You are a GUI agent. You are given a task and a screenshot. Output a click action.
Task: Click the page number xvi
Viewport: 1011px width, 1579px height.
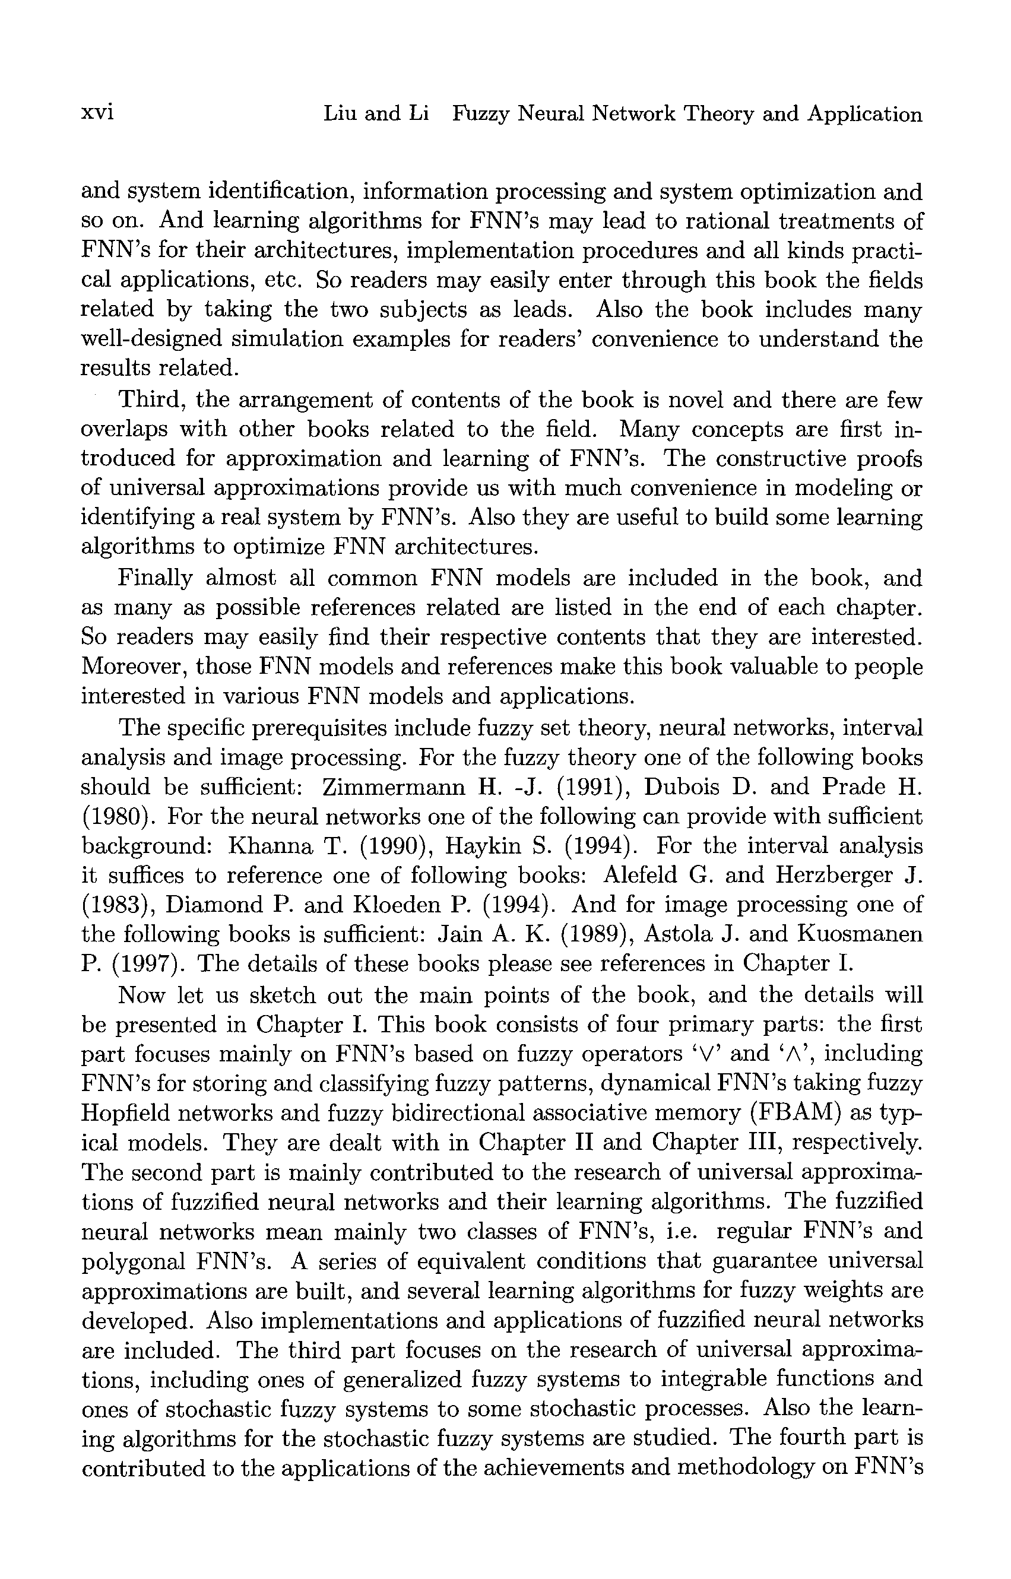click(x=97, y=113)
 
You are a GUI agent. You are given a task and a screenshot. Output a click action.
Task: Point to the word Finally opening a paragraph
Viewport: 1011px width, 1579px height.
click(x=155, y=578)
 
